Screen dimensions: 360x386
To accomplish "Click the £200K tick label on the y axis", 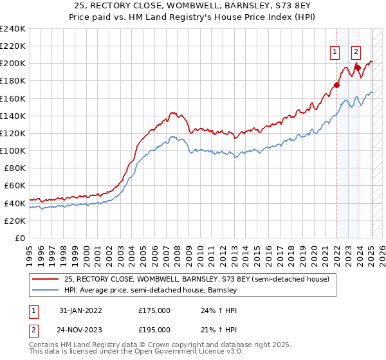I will (x=12, y=64).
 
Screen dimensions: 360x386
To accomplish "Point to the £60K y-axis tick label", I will (x=14, y=186).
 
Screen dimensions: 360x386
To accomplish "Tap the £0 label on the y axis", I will (x=21, y=238).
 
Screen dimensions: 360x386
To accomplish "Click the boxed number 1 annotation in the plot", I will (x=335, y=53).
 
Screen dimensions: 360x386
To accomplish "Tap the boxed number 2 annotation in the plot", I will (x=356, y=53).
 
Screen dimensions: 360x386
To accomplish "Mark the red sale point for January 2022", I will (x=336, y=85).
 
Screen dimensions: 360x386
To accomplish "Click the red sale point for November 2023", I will (x=358, y=67).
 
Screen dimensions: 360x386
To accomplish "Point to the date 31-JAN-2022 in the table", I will (x=80, y=310).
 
